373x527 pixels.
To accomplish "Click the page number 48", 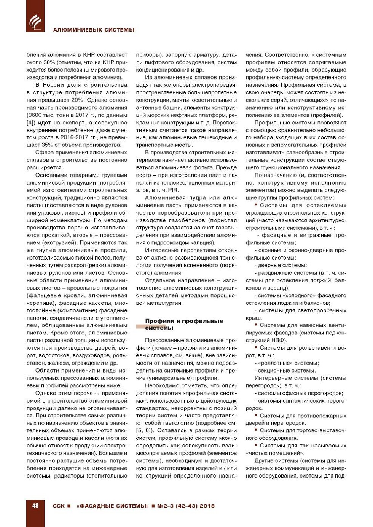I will [x=35, y=506].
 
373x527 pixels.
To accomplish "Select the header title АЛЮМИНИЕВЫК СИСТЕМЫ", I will [x=94, y=30].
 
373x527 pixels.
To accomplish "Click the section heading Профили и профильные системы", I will [x=184, y=324].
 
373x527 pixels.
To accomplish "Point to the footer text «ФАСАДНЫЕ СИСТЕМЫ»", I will [x=113, y=506].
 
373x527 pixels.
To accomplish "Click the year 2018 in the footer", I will [x=207, y=506].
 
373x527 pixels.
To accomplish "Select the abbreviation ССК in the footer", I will [x=59, y=506].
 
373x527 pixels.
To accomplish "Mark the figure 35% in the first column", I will [x=45, y=145].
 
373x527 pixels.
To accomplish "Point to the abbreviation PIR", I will [x=173, y=190].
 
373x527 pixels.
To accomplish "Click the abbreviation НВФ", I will [x=279, y=341].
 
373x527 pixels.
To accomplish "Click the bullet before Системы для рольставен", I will [x=256, y=347].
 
